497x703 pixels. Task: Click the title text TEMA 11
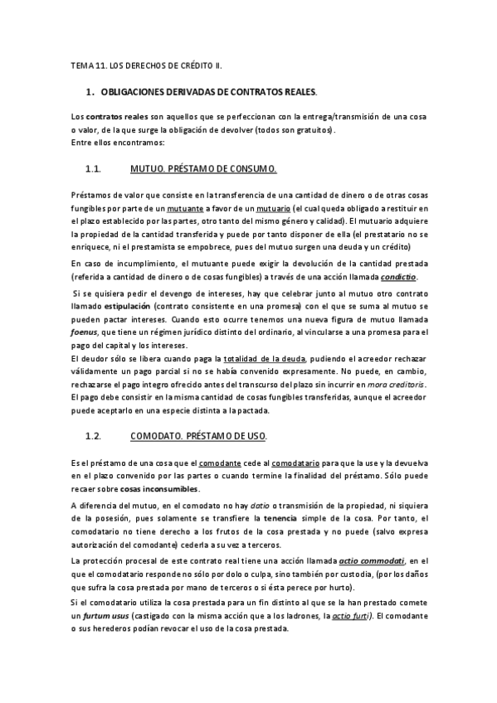(89, 64)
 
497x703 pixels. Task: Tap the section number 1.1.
(93, 168)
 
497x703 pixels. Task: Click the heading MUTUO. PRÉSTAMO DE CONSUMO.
(203, 168)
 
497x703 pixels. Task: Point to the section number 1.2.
(93, 435)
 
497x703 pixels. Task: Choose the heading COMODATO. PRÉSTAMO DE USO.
(198, 435)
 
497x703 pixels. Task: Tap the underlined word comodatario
(296, 462)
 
